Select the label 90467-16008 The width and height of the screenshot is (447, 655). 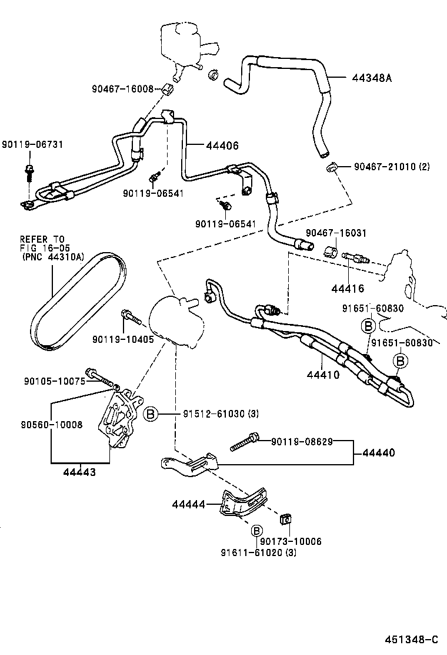point(122,89)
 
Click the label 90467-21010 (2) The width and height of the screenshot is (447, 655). point(392,167)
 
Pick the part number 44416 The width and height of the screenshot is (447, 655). point(347,288)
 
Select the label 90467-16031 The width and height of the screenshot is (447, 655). point(335,233)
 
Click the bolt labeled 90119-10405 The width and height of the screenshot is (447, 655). point(131,318)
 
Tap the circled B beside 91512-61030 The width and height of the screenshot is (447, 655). point(151,415)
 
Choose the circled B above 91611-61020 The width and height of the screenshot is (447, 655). point(256,531)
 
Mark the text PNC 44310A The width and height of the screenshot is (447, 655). point(52,257)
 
